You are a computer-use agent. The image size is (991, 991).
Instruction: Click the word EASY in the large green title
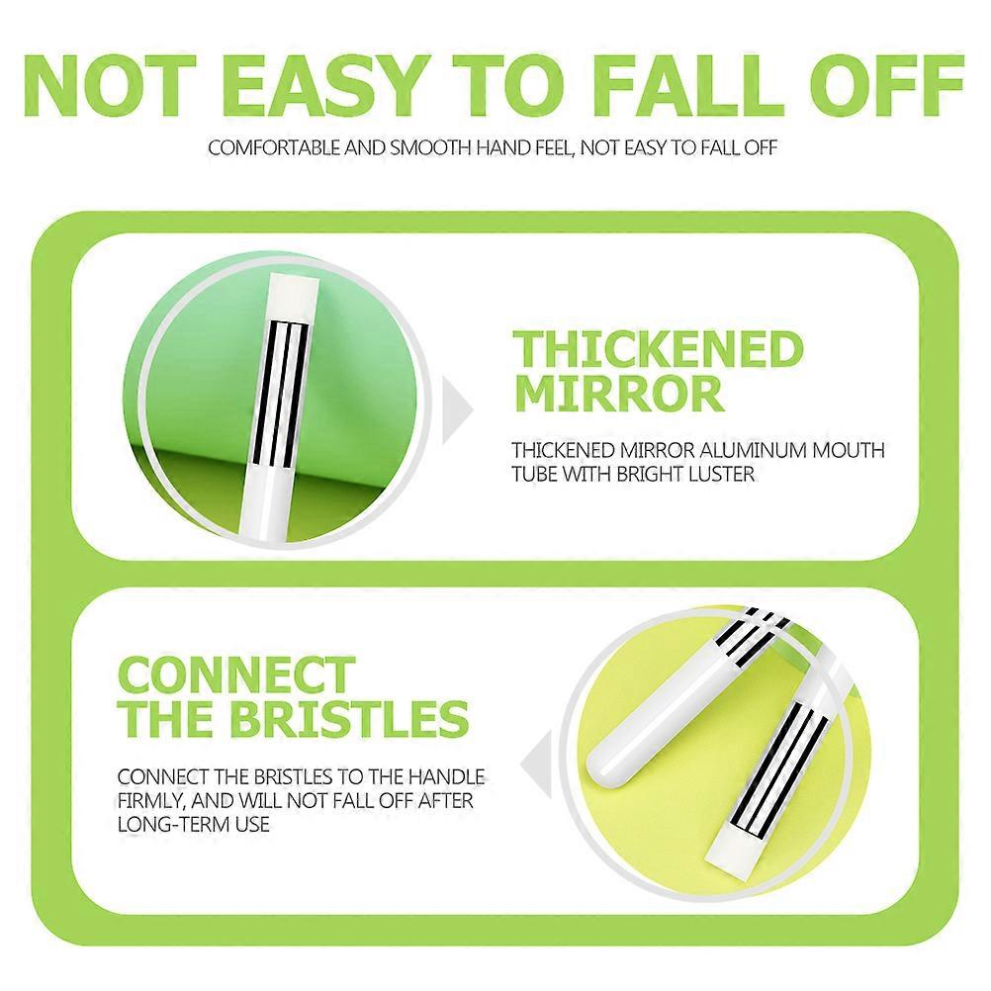pyautogui.click(x=321, y=86)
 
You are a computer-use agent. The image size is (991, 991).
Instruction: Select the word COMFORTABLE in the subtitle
pyautogui.click(x=276, y=148)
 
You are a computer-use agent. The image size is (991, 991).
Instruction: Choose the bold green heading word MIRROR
pyautogui.click(x=619, y=395)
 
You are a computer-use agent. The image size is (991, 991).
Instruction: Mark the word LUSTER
pyautogui.click(x=719, y=474)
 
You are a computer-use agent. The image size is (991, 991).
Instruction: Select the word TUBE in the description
pyautogui.click(x=534, y=474)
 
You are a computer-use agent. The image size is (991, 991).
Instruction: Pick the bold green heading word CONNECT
pyautogui.click(x=237, y=675)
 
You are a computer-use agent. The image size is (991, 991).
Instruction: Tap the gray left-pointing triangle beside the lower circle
pyautogui.click(x=537, y=765)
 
